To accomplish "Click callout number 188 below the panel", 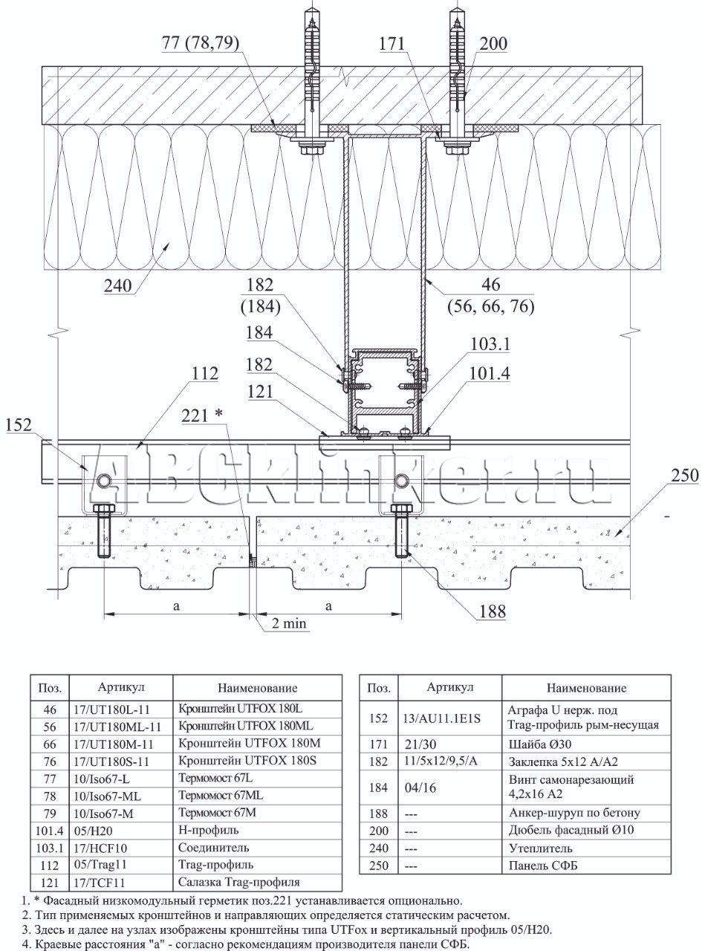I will click(491, 611).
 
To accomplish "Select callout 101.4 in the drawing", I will click(490, 374).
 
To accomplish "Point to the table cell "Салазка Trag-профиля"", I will click(239, 883).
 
